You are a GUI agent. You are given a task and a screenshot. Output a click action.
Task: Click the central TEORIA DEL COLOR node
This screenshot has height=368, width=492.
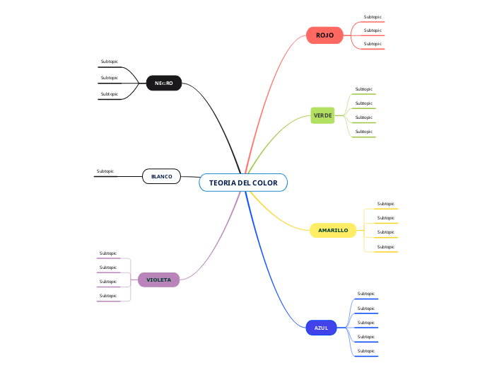click(243, 183)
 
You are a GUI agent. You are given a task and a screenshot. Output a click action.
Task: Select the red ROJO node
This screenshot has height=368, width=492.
click(324, 35)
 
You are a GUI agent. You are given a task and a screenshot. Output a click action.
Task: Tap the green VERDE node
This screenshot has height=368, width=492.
click(322, 115)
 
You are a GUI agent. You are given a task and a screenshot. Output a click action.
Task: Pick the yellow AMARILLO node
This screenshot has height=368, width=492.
click(333, 230)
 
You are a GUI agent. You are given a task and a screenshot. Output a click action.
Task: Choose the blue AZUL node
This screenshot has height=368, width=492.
click(321, 328)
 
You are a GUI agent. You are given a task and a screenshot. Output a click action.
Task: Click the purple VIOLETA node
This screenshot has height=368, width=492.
click(158, 280)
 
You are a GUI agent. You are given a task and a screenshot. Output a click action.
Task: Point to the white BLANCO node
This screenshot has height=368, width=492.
click(161, 176)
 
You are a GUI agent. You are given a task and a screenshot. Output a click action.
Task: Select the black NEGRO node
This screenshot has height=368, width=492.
click(163, 84)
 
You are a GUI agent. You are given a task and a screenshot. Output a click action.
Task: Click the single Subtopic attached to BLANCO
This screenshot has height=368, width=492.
click(105, 171)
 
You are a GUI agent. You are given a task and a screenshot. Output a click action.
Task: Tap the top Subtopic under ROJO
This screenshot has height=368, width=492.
click(373, 17)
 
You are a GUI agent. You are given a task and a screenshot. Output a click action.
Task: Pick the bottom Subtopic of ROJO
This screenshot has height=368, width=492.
click(373, 44)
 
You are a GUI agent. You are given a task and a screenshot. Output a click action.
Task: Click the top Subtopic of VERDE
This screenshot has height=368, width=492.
click(363, 89)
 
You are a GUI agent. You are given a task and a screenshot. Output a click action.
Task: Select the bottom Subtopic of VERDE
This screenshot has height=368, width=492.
click(363, 132)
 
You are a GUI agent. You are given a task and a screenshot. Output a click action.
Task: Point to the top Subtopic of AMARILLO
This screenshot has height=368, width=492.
click(386, 204)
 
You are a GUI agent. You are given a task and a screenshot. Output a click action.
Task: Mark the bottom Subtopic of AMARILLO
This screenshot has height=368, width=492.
click(386, 247)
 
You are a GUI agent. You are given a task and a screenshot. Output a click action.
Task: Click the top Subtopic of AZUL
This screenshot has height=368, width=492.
click(366, 294)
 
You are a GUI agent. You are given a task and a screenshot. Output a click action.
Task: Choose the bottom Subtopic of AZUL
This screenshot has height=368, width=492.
click(366, 351)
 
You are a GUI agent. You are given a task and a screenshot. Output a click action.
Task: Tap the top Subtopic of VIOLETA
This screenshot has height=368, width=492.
click(108, 253)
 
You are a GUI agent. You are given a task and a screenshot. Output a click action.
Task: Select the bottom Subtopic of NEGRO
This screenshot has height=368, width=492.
click(110, 94)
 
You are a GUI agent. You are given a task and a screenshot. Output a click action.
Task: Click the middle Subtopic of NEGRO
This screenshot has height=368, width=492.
click(110, 78)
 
